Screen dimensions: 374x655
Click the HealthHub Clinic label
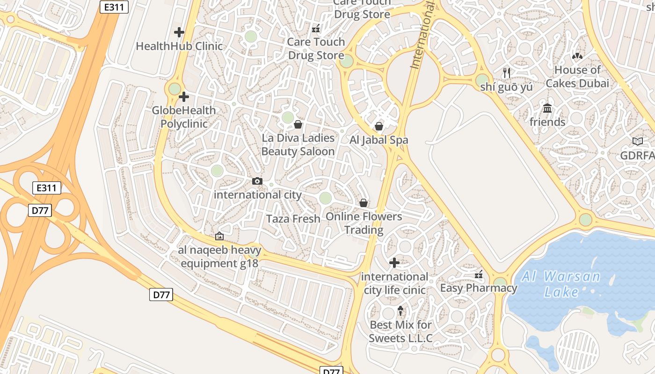coord(179,46)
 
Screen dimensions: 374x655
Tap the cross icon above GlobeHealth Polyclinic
coord(184,97)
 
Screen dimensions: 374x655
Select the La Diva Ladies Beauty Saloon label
coord(298,144)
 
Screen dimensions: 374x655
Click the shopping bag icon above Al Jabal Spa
coord(379,126)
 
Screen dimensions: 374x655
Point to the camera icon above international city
coord(257,181)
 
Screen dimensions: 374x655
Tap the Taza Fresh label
coord(293,219)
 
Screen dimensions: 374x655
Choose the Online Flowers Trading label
coord(364,223)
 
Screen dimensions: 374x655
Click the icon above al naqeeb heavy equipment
coord(219,237)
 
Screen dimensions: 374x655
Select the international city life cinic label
coord(395,283)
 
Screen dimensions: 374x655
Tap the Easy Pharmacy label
coord(479,288)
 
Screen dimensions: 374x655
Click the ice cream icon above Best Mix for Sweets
coord(400,310)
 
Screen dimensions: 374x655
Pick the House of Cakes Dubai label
coord(577,77)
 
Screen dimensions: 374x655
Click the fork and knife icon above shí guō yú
coord(506,73)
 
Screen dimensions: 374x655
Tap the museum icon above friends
coord(547,108)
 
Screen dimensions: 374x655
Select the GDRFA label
coord(637,156)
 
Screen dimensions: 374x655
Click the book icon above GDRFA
coord(637,141)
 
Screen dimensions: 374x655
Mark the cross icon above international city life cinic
coord(394,263)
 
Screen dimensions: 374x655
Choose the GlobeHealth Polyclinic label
coord(184,117)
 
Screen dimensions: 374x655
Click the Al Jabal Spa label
coord(379,140)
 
